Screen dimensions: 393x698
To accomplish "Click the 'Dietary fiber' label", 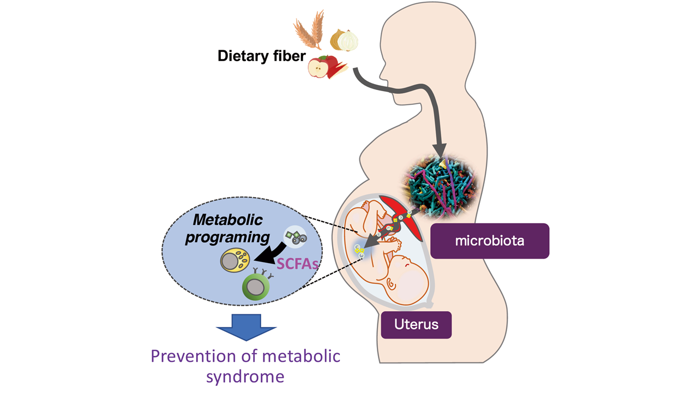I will (261, 56).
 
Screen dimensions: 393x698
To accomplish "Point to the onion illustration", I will (345, 40).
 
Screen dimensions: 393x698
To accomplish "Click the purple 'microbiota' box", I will (489, 240).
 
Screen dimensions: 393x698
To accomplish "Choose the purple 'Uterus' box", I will (417, 324).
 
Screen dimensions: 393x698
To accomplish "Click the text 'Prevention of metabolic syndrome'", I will (245, 366).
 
